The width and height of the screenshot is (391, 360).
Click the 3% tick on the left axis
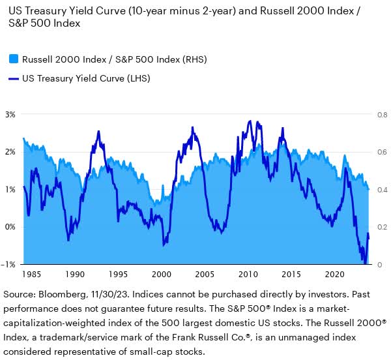11,114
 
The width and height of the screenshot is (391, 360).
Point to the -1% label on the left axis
10,265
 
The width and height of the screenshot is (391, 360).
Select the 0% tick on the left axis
11,227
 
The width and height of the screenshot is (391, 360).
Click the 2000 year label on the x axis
161,275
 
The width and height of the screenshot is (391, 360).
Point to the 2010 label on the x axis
248,275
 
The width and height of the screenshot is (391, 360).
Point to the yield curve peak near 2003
192,128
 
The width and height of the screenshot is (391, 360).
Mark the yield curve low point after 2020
365,263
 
